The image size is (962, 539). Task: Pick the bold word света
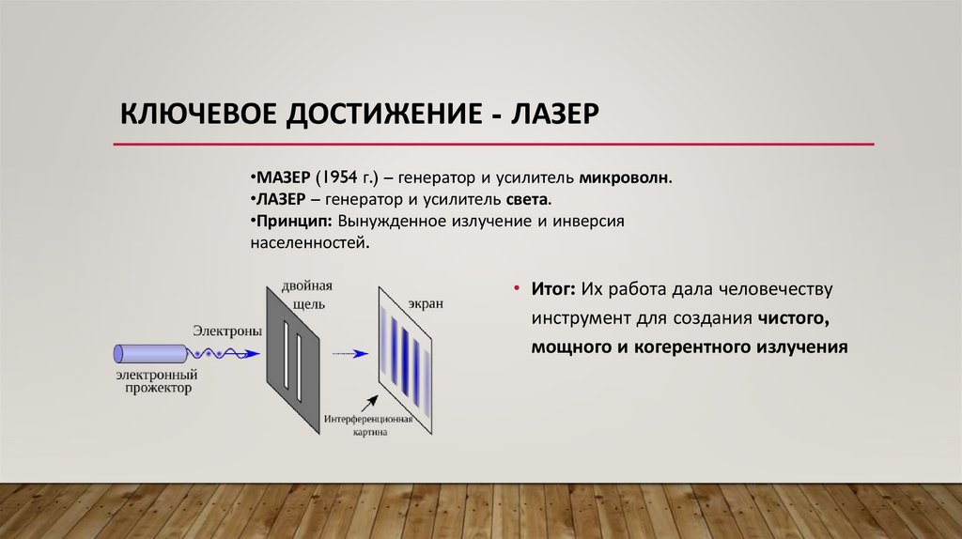[x=531, y=200]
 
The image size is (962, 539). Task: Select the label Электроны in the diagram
[x=225, y=331]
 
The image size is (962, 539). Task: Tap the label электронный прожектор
[x=154, y=381]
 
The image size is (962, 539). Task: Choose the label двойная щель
[x=306, y=294]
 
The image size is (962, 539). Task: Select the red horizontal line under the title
[x=493, y=145]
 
